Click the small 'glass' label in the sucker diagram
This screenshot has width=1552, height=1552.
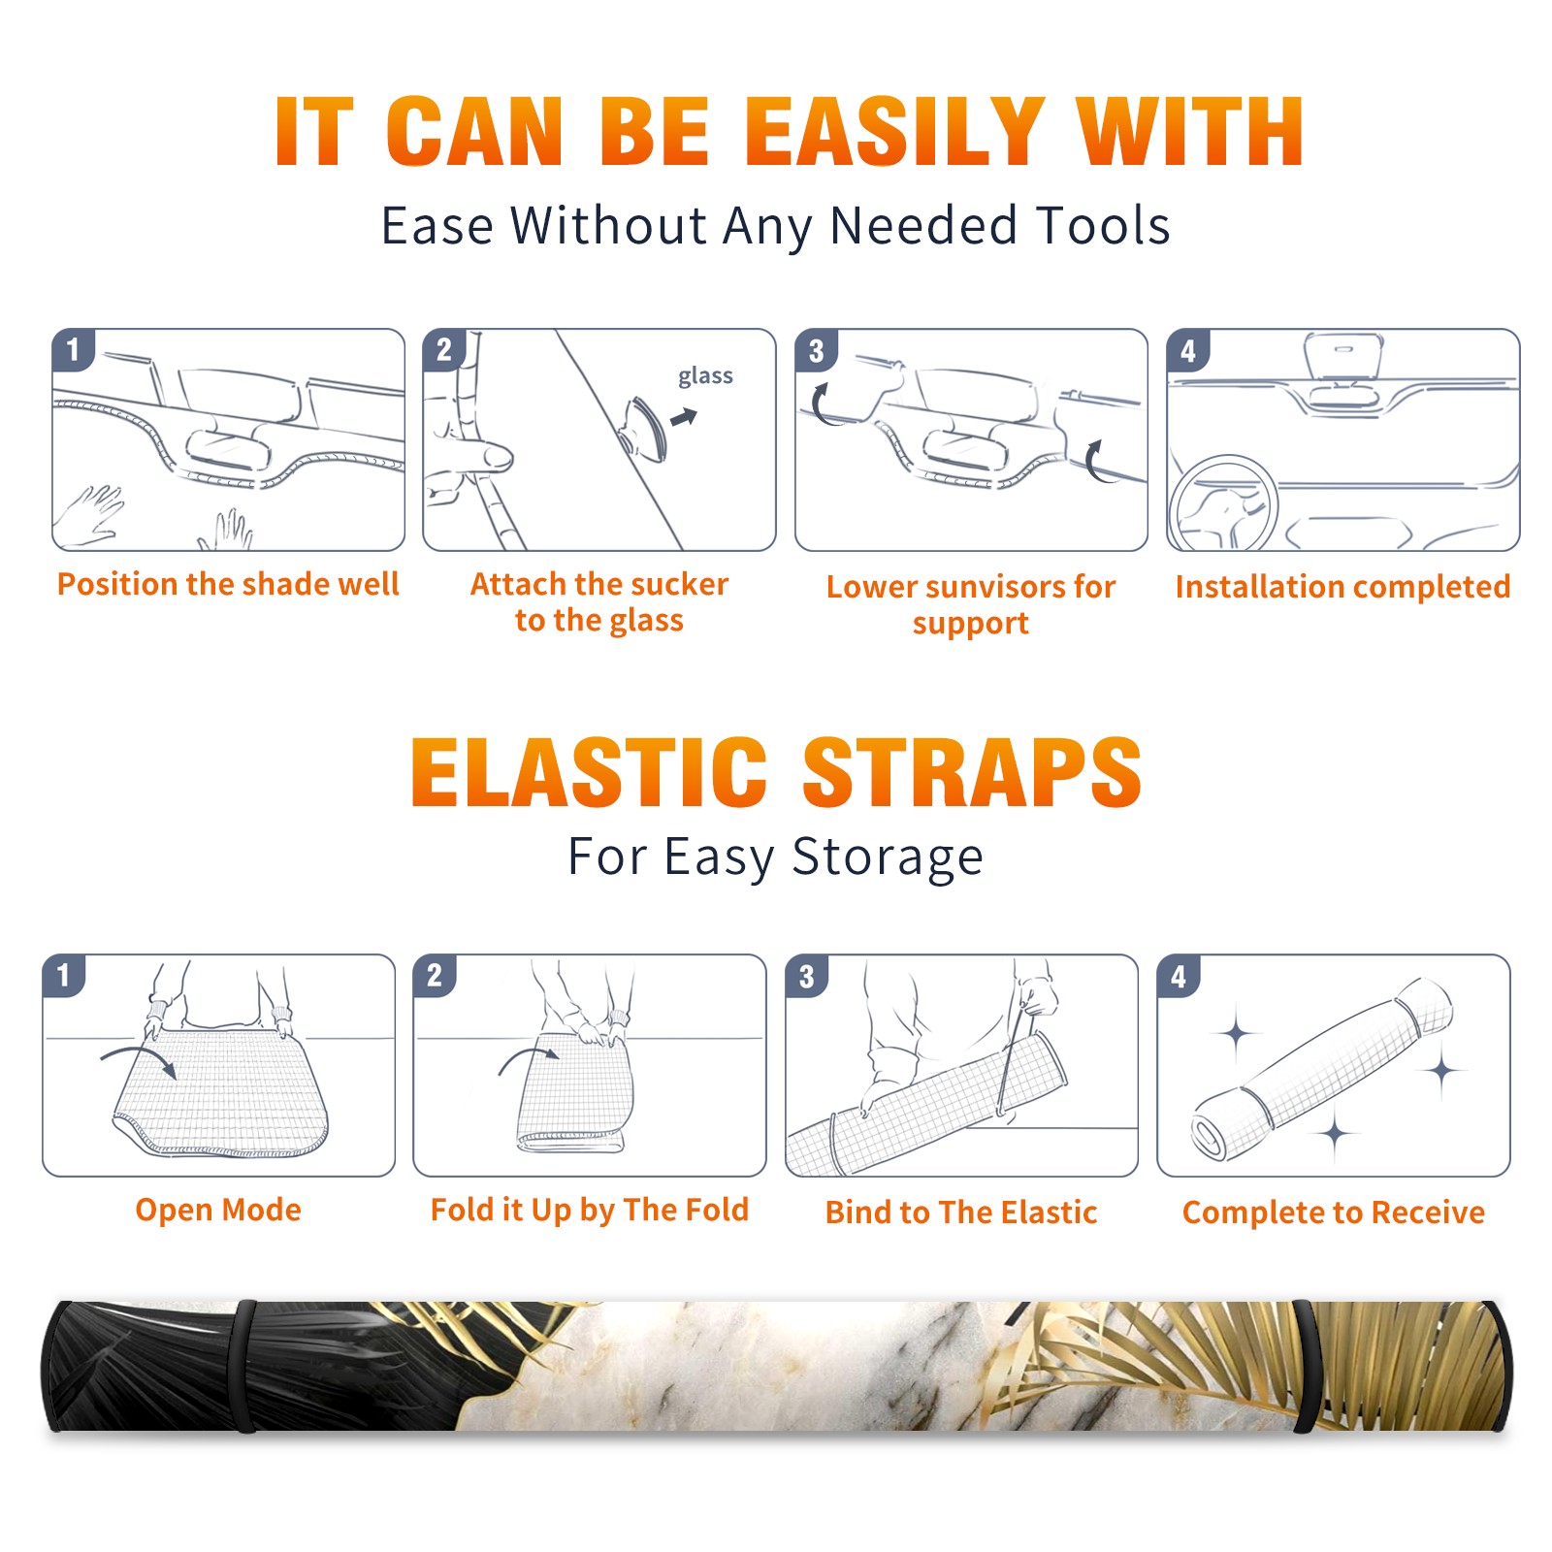click(705, 376)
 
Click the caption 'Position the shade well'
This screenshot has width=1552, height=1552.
click(228, 584)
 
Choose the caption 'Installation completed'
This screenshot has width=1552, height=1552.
click(1342, 586)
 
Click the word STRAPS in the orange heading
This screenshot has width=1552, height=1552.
click(972, 771)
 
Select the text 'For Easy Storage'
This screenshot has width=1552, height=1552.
click(776, 857)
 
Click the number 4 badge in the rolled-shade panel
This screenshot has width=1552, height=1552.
click(1179, 976)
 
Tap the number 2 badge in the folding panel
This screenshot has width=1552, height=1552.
click(435, 976)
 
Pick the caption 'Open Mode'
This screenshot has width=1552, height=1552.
click(218, 1210)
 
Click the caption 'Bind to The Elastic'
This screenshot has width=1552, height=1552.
click(961, 1212)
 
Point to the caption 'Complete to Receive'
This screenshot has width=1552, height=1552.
click(1334, 1212)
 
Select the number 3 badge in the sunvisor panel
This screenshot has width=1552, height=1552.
click(816, 351)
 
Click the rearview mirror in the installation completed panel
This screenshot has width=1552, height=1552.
click(1343, 358)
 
